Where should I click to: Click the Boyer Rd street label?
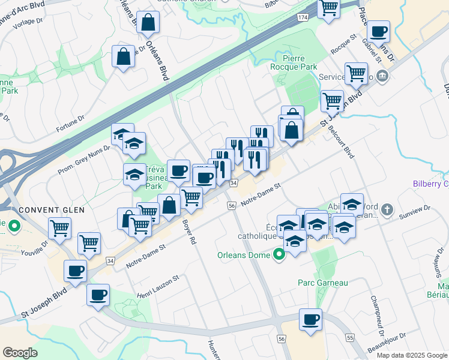click(189, 232)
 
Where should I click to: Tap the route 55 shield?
click(350, 338)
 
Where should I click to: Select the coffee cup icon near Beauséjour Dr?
click(310, 319)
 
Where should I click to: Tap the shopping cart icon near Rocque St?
click(356, 73)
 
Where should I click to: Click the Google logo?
click(20, 353)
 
